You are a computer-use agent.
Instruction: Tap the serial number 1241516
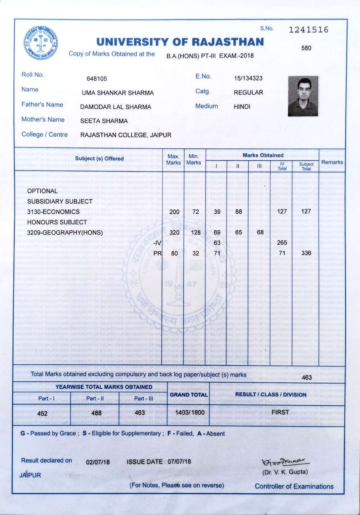[x=309, y=30]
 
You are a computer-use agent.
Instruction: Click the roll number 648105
[x=97, y=78]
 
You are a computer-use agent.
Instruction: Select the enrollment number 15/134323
[x=248, y=78]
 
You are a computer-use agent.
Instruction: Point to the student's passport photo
[x=303, y=96]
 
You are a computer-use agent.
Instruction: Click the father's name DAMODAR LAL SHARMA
[x=116, y=107]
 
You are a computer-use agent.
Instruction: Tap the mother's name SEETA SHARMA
[x=104, y=121]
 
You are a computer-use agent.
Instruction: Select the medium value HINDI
[x=242, y=107]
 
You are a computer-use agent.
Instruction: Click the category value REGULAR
[x=248, y=92]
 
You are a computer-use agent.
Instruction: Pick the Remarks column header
[x=332, y=162]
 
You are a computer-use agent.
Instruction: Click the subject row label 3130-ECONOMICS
[x=53, y=211]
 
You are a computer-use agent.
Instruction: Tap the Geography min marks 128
[x=193, y=232]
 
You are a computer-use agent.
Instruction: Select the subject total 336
[x=306, y=253]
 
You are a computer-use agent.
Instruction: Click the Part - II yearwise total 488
[x=96, y=412]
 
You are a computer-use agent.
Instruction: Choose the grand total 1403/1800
[x=188, y=412]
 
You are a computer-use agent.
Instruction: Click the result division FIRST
[x=280, y=412]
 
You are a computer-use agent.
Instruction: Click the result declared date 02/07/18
[x=98, y=462]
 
